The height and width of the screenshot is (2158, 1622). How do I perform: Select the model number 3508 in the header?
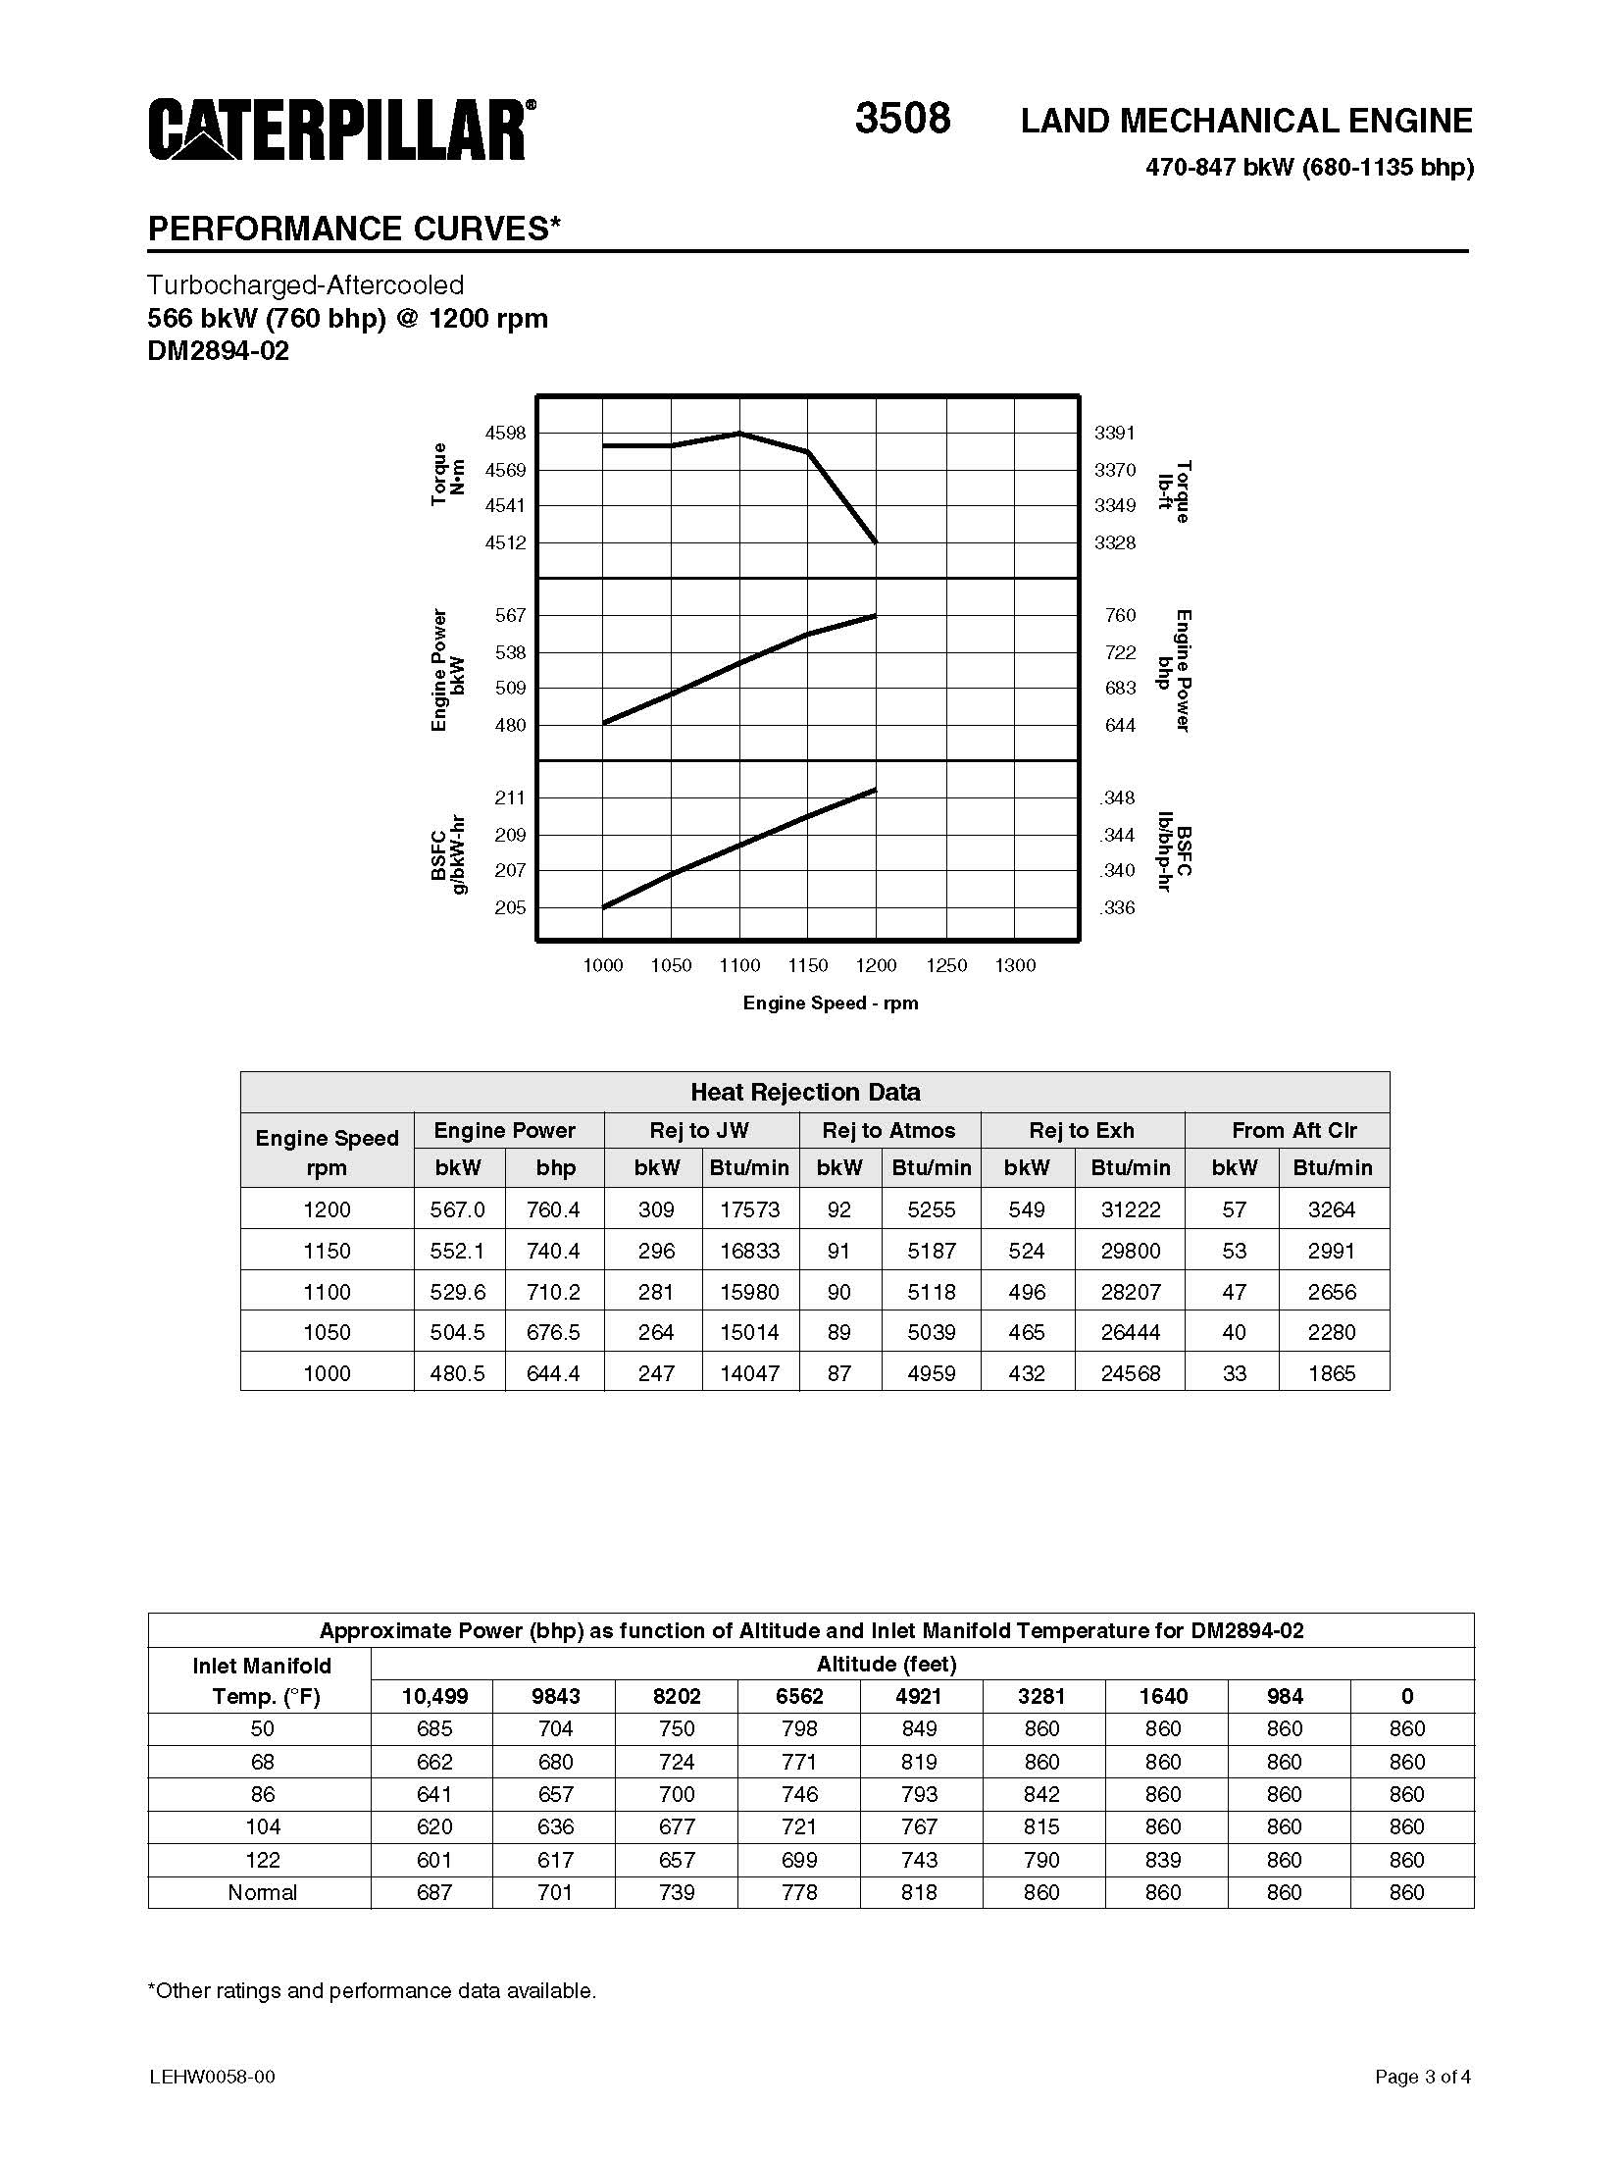(902, 119)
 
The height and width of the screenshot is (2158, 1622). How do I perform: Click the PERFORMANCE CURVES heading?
(354, 229)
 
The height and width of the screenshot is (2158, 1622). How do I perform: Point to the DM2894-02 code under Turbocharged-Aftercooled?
(219, 351)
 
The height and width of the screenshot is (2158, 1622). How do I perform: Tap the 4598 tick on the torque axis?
(505, 433)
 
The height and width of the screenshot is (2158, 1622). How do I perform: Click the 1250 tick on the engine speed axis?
(946, 965)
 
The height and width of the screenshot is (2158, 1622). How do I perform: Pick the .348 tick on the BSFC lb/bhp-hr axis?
(1117, 797)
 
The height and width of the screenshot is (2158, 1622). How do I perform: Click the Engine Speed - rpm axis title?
(831, 1002)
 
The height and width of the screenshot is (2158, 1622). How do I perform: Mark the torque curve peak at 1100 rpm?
(739, 433)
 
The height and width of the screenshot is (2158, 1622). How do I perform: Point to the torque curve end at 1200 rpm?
(876, 541)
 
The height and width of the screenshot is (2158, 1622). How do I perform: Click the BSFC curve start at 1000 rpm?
(603, 907)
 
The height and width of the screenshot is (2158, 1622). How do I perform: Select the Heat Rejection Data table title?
(805, 1092)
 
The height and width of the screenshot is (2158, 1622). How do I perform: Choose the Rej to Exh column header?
(1082, 1130)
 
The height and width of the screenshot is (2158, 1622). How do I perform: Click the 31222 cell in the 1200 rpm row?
(1130, 1209)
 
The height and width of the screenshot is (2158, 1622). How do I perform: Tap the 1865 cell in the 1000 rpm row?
(1332, 1373)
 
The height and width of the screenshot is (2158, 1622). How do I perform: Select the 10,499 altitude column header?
(434, 1696)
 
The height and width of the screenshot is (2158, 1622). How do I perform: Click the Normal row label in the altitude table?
(262, 1892)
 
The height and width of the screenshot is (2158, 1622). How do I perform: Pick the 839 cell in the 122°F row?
(1163, 1860)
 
